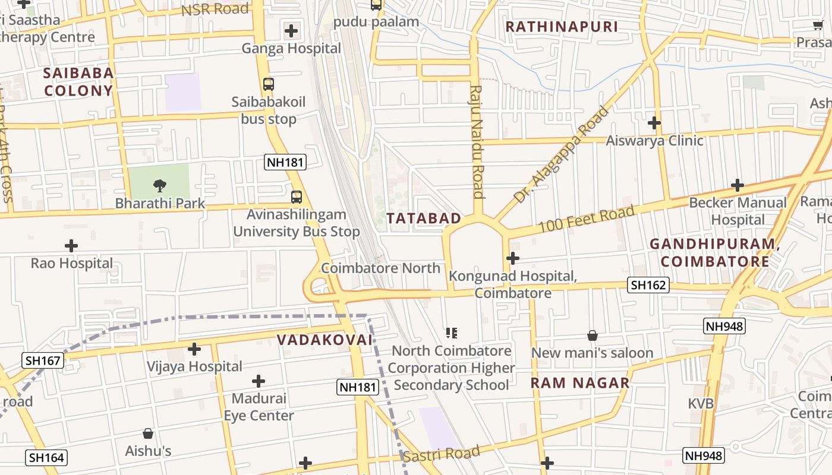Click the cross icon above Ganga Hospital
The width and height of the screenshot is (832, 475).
(291, 30)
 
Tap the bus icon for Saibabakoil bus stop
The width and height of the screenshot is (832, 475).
(269, 84)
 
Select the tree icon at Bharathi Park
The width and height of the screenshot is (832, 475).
(159, 186)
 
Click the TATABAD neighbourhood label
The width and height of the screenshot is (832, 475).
(424, 218)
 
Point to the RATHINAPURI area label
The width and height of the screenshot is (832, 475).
(562, 27)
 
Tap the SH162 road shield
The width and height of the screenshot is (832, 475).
(648, 285)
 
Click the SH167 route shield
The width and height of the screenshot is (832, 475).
(43, 360)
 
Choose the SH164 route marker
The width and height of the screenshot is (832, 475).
(46, 458)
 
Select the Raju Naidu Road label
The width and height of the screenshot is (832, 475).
(476, 141)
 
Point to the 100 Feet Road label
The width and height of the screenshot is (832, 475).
(587, 219)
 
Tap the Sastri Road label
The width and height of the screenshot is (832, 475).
(441, 454)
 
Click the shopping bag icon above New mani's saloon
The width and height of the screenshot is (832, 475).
(593, 335)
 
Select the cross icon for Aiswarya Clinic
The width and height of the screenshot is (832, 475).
(654, 123)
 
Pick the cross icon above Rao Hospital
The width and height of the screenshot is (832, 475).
(71, 246)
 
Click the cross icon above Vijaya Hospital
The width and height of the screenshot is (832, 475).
(194, 349)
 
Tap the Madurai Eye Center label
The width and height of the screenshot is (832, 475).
(259, 407)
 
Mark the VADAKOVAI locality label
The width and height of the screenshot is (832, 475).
(324, 340)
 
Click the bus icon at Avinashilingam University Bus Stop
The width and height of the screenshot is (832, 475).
(296, 197)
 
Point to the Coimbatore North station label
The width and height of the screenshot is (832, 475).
(381, 268)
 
